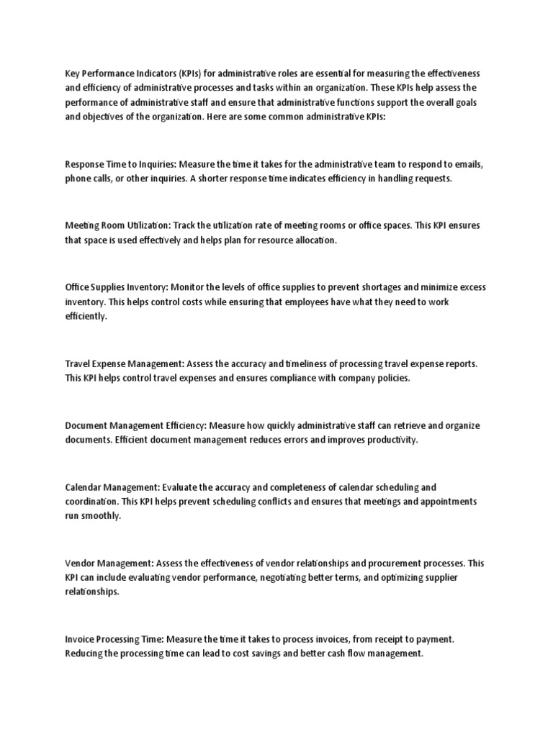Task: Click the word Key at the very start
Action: [72, 74]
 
